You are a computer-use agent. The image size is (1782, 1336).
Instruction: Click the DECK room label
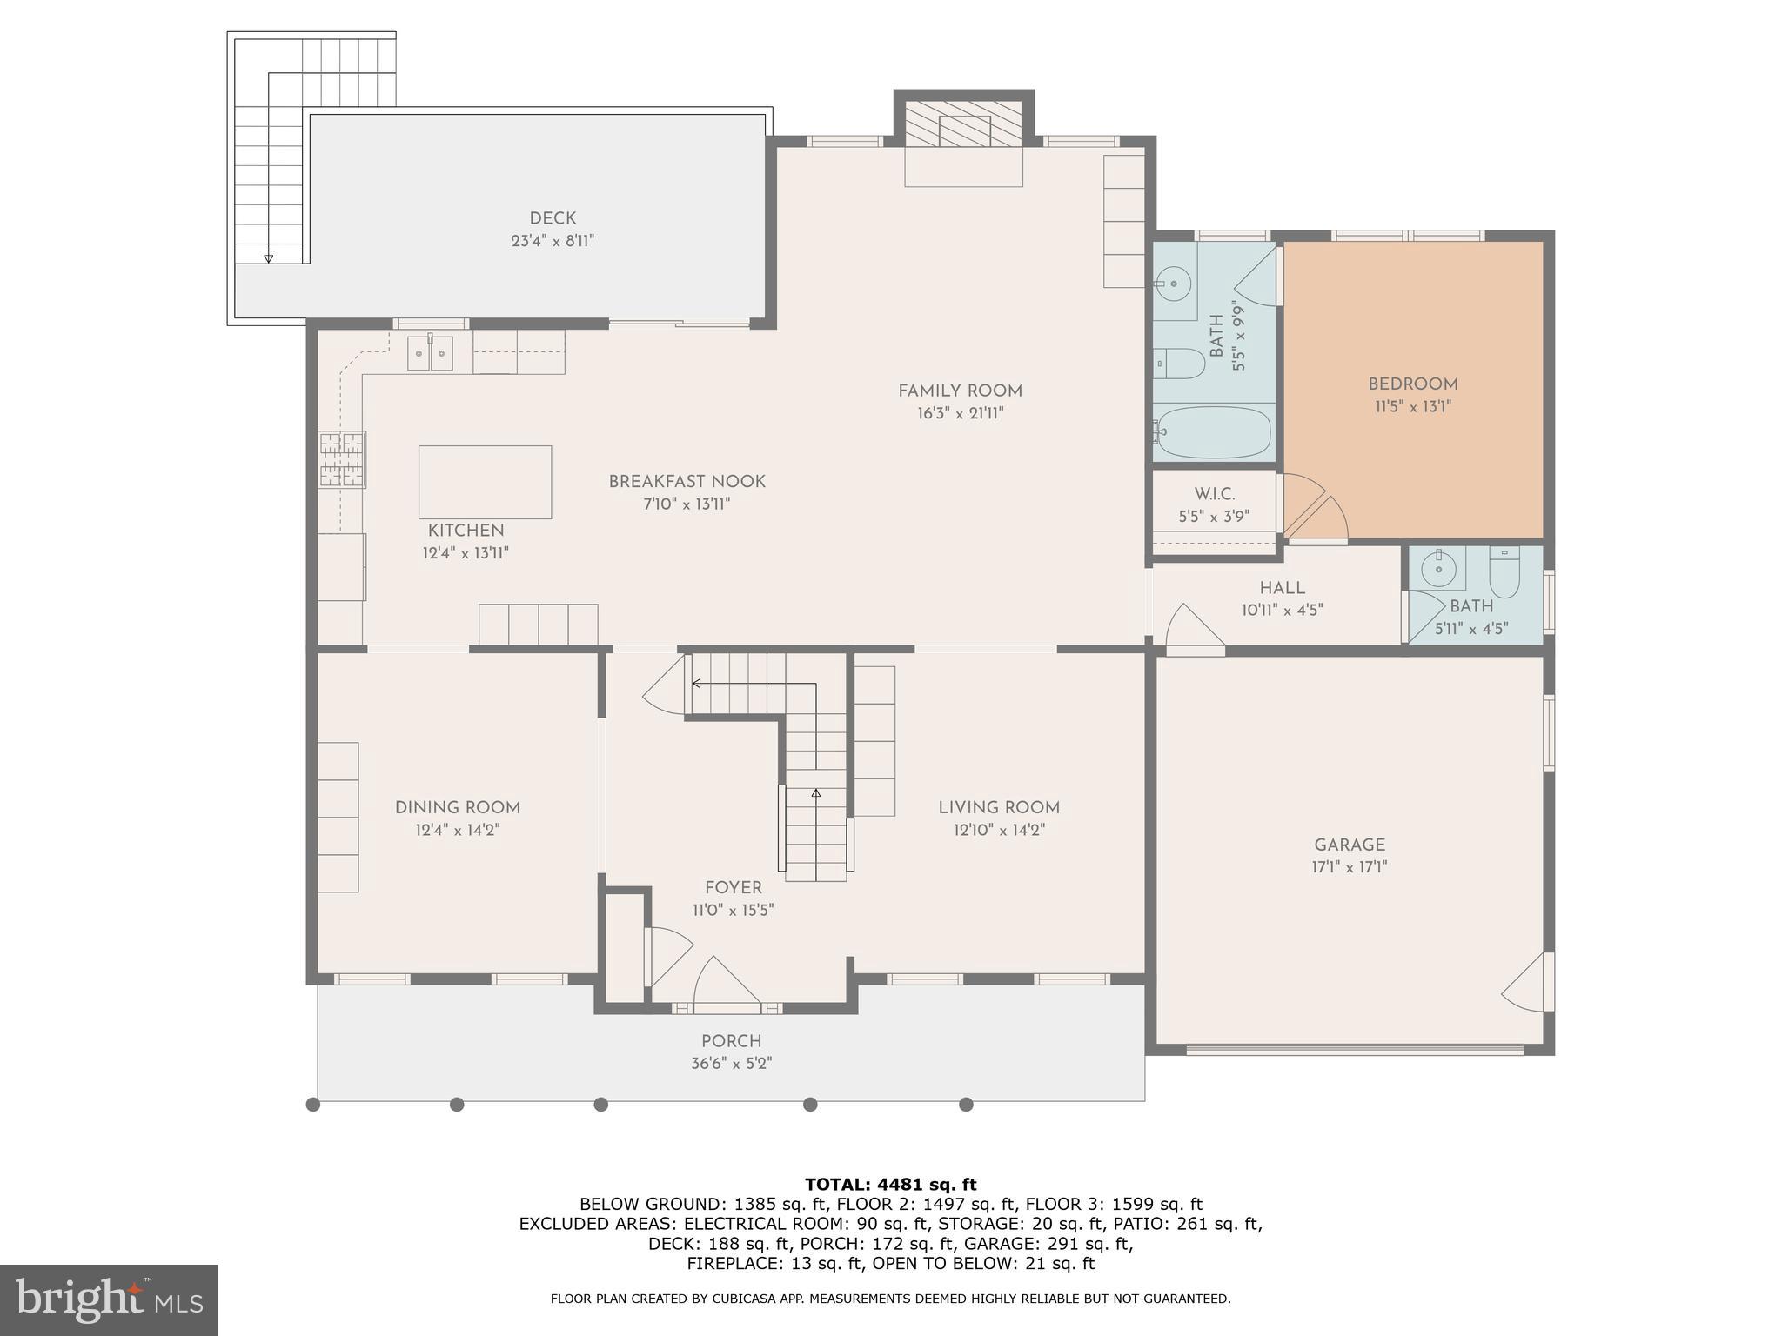[553, 218]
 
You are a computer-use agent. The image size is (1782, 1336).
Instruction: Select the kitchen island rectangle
[485, 482]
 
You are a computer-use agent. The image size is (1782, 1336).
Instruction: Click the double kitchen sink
[431, 353]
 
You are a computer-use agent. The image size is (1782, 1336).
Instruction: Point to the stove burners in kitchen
[342, 459]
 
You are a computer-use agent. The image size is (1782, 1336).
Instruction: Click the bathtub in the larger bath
[1214, 432]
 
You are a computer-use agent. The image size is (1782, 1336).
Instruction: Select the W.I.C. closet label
[1214, 494]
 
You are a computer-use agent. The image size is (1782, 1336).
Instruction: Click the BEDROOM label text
[1412, 384]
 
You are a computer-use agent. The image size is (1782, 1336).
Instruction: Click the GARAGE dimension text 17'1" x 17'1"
[1349, 867]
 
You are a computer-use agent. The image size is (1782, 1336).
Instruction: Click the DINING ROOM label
[457, 807]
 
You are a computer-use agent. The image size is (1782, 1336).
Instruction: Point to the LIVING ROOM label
[999, 807]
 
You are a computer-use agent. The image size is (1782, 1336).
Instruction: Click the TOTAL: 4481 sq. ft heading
[890, 1184]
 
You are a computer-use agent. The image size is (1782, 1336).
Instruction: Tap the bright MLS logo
[108, 1299]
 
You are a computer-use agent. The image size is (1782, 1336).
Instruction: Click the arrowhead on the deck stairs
[269, 258]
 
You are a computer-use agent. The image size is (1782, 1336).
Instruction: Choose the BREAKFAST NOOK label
[687, 482]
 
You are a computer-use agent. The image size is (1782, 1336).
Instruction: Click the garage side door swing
[1528, 983]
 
